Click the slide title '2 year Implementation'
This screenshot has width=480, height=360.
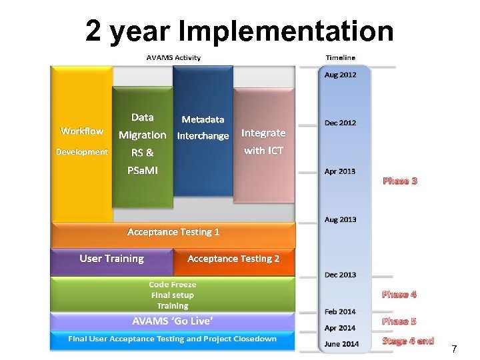pos(239,31)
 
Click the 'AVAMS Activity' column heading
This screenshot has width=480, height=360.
pos(173,57)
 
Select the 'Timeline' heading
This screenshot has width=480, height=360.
pos(340,58)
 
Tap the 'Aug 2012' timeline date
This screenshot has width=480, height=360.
pos(340,75)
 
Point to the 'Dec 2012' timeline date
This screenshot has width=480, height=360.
pos(340,123)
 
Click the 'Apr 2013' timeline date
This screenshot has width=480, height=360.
pos(340,171)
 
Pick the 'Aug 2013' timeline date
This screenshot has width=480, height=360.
pos(340,219)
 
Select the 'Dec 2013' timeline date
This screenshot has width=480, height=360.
pos(340,275)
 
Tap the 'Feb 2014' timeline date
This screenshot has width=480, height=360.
pos(340,311)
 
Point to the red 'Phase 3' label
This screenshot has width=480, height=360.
pos(399,181)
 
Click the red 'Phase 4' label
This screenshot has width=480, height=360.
pos(399,294)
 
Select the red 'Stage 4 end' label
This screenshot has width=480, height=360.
pos(408,341)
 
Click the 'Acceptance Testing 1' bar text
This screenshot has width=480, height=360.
pos(173,232)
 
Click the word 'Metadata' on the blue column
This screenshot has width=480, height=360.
pos(203,119)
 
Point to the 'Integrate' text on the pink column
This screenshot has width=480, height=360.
pos(263,133)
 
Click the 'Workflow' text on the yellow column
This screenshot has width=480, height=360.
pos(82,131)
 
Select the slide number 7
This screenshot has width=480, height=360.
pos(454,349)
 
